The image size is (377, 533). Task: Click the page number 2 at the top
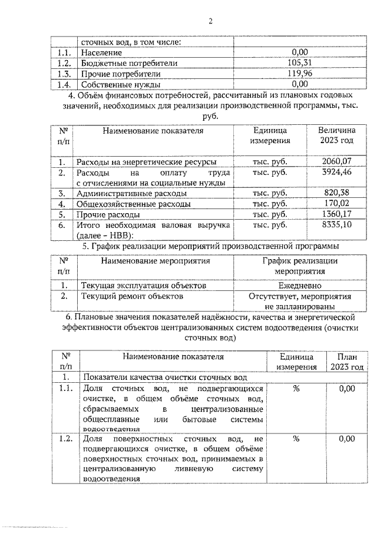pos(210,22)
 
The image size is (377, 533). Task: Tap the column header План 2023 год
pos(349,362)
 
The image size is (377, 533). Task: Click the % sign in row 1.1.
pos(296,389)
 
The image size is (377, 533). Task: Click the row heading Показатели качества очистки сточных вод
pos(163,377)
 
